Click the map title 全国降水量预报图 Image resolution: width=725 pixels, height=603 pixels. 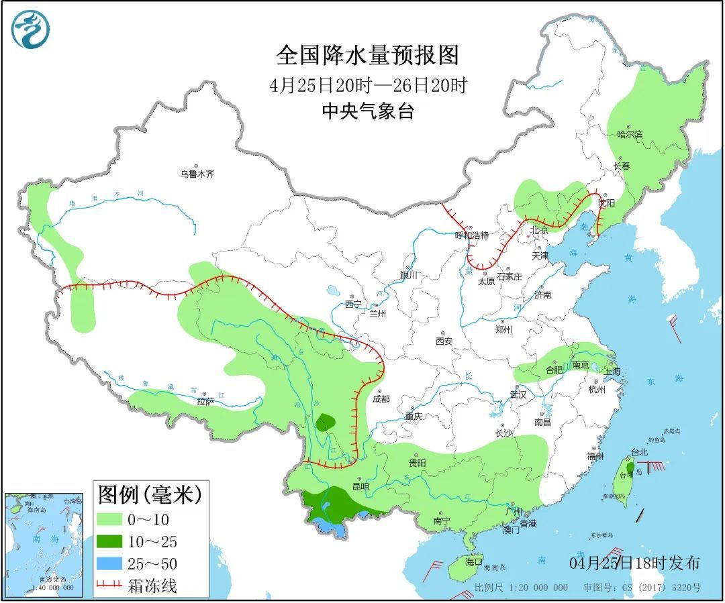click(x=367, y=56)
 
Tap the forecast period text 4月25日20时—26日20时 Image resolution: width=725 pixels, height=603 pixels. click(x=367, y=86)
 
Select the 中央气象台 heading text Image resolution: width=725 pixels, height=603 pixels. click(x=367, y=111)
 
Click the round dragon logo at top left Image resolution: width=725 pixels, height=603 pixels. click(x=31, y=31)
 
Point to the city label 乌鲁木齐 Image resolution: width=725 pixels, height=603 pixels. click(x=197, y=174)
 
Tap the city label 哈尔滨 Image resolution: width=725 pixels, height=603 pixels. click(x=630, y=134)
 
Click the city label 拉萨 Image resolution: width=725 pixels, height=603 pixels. click(x=205, y=401)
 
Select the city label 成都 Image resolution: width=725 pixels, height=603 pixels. click(x=380, y=399)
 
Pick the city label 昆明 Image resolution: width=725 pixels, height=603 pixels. click(x=360, y=486)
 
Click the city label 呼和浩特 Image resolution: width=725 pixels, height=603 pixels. click(x=472, y=235)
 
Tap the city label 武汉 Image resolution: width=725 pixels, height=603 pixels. click(x=518, y=394)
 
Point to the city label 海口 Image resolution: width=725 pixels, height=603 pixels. click(x=474, y=562)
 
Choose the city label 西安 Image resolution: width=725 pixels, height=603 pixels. click(x=443, y=341)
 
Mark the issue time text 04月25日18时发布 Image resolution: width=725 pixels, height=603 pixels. click(x=634, y=562)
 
